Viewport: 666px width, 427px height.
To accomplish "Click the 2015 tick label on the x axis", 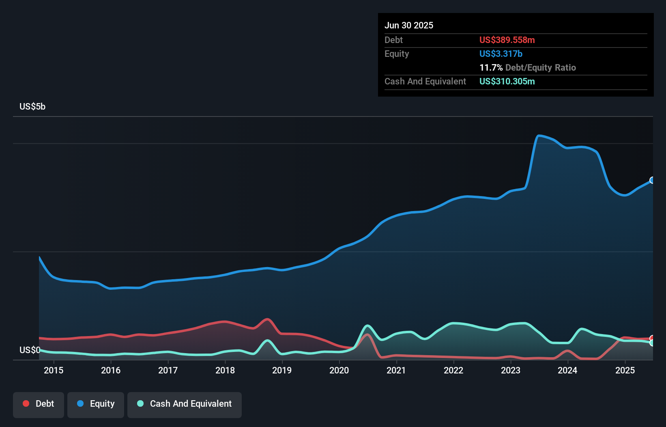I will (54, 370).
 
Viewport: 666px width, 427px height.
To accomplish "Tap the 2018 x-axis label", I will (225, 370).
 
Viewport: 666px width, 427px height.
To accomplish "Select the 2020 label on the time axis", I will (339, 370).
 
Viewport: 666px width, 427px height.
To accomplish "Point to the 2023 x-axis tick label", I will (511, 370).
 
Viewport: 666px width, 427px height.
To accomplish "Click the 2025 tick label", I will (625, 370).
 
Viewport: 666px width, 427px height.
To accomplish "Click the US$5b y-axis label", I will (32, 106).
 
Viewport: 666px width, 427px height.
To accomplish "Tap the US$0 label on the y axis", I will (30, 350).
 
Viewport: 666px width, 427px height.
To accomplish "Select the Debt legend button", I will (39, 404).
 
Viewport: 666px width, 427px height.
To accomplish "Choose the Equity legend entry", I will (96, 404).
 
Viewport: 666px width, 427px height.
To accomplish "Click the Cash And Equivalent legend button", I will (185, 404).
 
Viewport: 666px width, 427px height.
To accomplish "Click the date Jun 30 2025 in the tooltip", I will (409, 25).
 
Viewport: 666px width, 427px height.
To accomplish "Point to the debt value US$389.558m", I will (507, 40).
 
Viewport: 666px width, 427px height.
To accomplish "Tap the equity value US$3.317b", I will (501, 54).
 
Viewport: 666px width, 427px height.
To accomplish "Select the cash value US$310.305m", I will (507, 81).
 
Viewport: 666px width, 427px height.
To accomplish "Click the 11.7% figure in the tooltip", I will (491, 67).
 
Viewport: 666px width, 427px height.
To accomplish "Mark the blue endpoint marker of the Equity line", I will (652, 180).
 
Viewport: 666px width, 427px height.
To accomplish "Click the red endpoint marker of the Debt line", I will (652, 338).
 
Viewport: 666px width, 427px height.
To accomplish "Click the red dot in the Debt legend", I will (26, 403).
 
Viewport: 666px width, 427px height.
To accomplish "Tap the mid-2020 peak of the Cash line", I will (367, 326).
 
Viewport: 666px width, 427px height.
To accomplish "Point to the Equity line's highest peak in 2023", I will (539, 136).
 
